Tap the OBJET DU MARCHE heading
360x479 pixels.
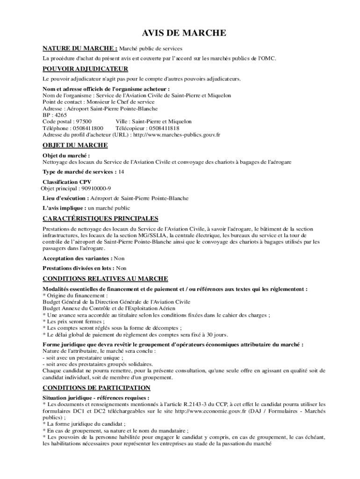pyautogui.click(x=75, y=145)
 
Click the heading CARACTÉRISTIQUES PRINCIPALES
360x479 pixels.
pyautogui.click(x=101, y=218)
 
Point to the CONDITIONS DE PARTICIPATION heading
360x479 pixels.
pyautogui.click(x=96, y=388)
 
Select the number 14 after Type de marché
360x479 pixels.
pyautogui.click(x=121, y=172)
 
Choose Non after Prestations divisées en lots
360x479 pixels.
pyautogui.click(x=121, y=268)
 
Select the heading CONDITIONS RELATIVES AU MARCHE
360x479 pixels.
pyautogui.click(x=102, y=279)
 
